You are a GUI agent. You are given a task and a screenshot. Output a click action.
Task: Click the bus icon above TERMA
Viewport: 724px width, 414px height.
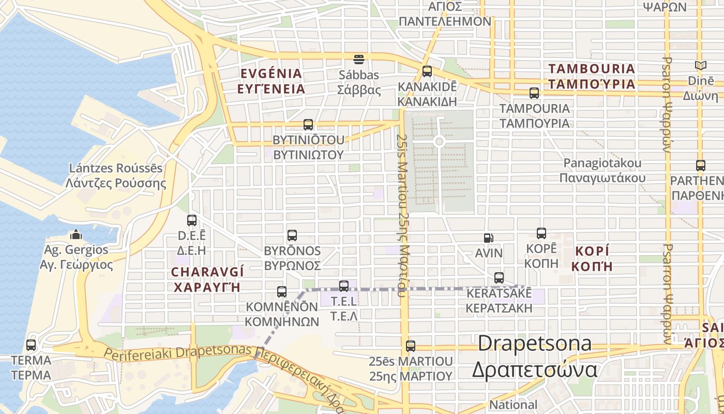click(x=31, y=345)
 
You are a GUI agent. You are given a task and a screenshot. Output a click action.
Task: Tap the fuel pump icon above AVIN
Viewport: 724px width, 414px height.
click(x=488, y=238)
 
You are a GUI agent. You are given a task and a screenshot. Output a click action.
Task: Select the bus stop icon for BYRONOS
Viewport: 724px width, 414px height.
click(x=292, y=235)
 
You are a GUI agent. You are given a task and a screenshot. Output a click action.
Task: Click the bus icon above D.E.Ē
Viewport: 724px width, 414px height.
click(x=192, y=220)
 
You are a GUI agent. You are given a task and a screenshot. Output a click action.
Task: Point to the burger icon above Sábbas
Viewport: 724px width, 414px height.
click(x=359, y=59)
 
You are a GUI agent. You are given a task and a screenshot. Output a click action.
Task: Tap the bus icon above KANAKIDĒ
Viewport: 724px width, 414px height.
click(x=427, y=71)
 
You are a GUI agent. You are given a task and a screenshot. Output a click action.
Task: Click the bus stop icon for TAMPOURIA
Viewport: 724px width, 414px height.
click(x=534, y=93)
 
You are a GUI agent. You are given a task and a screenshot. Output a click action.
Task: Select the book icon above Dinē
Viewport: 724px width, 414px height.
click(x=701, y=66)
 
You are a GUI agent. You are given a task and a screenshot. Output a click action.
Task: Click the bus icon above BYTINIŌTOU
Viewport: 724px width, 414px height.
click(x=308, y=125)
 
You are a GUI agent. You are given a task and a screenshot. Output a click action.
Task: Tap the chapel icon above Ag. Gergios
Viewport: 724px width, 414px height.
click(x=76, y=235)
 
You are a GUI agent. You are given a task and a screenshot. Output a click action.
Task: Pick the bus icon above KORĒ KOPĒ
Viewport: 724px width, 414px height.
click(x=541, y=233)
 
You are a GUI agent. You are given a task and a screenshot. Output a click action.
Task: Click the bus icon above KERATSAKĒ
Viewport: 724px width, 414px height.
click(x=499, y=278)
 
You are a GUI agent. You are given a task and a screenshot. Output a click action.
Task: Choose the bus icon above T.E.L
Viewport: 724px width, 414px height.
click(x=344, y=286)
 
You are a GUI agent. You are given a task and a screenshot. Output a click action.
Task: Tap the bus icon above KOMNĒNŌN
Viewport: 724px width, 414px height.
click(x=282, y=292)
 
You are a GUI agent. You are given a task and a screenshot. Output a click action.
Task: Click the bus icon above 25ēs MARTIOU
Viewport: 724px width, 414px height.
click(x=411, y=346)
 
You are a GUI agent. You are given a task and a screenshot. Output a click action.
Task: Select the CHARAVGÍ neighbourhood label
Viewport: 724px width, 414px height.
click(x=207, y=279)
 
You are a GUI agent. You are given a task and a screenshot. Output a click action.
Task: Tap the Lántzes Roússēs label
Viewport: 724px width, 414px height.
click(x=116, y=175)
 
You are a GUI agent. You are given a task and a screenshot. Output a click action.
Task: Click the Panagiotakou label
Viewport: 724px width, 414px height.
click(x=602, y=170)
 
